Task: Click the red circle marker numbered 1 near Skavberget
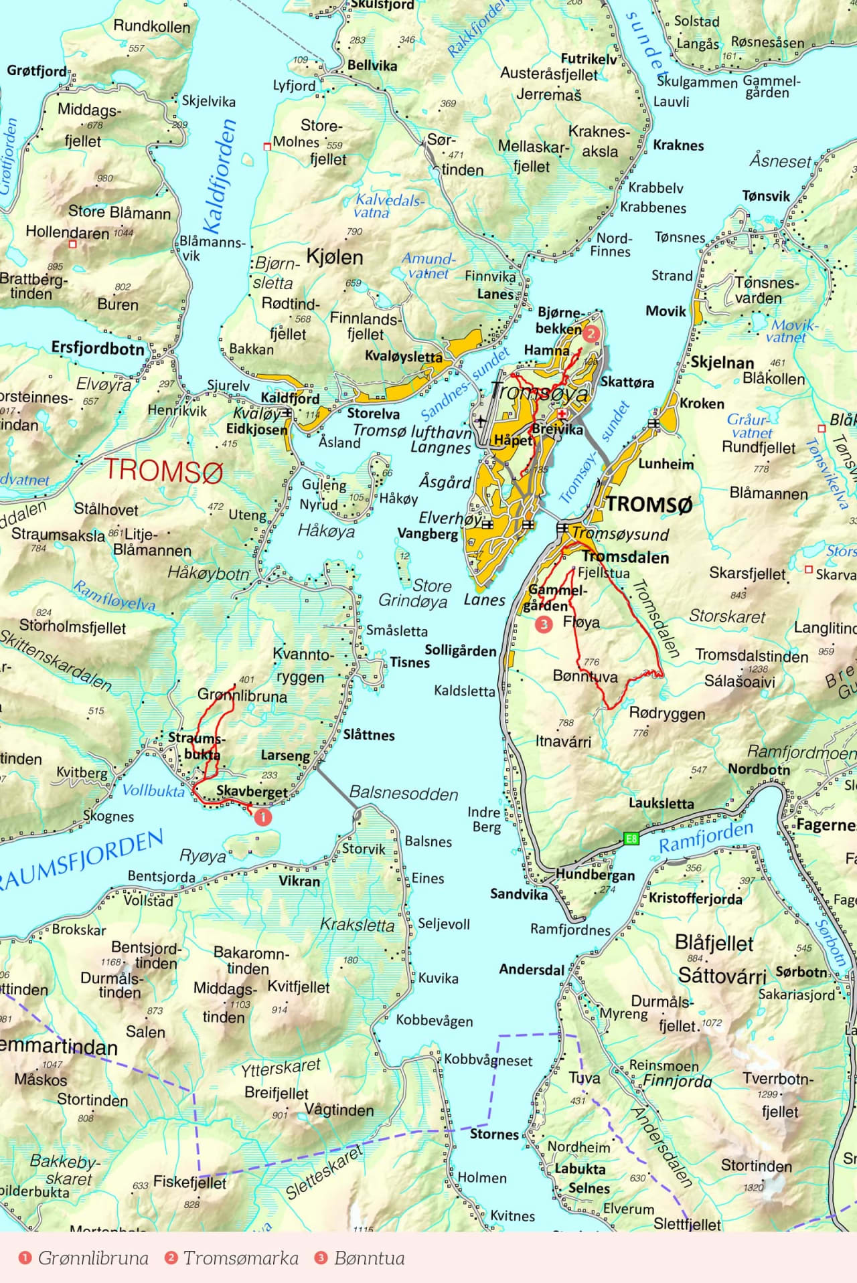(x=263, y=817)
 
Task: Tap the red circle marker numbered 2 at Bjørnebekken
(x=591, y=333)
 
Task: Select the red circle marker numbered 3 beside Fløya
(x=544, y=624)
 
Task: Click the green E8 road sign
(x=630, y=838)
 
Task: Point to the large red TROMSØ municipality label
(x=163, y=471)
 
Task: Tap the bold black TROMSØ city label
(x=649, y=505)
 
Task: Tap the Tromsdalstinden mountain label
(x=751, y=656)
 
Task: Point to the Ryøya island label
(x=203, y=856)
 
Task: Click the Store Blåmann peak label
(x=119, y=212)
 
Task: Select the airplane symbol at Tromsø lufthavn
(x=480, y=421)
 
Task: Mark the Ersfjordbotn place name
(x=98, y=348)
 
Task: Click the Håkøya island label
(x=326, y=531)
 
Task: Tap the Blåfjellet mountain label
(x=714, y=943)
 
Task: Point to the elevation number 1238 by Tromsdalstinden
(x=758, y=669)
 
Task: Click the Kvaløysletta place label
(x=403, y=356)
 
